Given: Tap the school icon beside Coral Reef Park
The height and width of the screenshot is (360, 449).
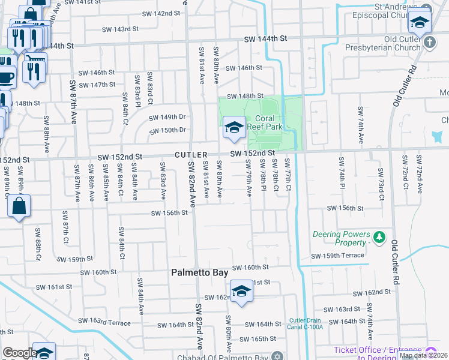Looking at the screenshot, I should [234, 127].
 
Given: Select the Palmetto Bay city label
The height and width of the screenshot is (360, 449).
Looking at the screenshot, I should [200, 272].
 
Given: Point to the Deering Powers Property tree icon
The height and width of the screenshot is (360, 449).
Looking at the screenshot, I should [379, 238].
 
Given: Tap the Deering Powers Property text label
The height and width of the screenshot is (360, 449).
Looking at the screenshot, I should [339, 238].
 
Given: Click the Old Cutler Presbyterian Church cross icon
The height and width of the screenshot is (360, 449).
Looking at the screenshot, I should [430, 43].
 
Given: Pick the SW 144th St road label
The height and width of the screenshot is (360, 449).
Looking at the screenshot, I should [266, 38].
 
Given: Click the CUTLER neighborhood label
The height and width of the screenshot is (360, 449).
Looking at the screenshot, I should [191, 155].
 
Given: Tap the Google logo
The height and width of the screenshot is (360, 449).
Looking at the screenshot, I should [19, 352].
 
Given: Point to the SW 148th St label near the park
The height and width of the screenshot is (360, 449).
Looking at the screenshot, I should [246, 96].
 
